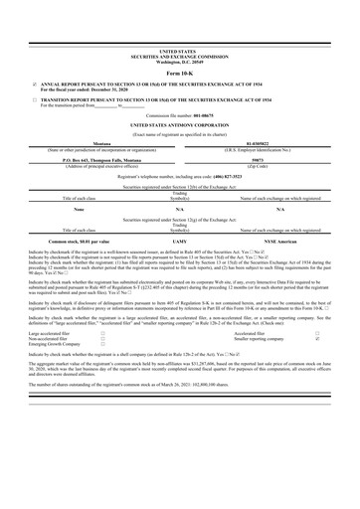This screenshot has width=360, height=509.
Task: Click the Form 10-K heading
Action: (x=179, y=74)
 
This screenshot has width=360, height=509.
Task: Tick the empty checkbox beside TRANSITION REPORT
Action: (x=34, y=101)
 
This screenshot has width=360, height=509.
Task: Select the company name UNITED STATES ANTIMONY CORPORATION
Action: (x=179, y=126)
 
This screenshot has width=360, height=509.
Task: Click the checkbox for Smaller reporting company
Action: (x=317, y=339)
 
